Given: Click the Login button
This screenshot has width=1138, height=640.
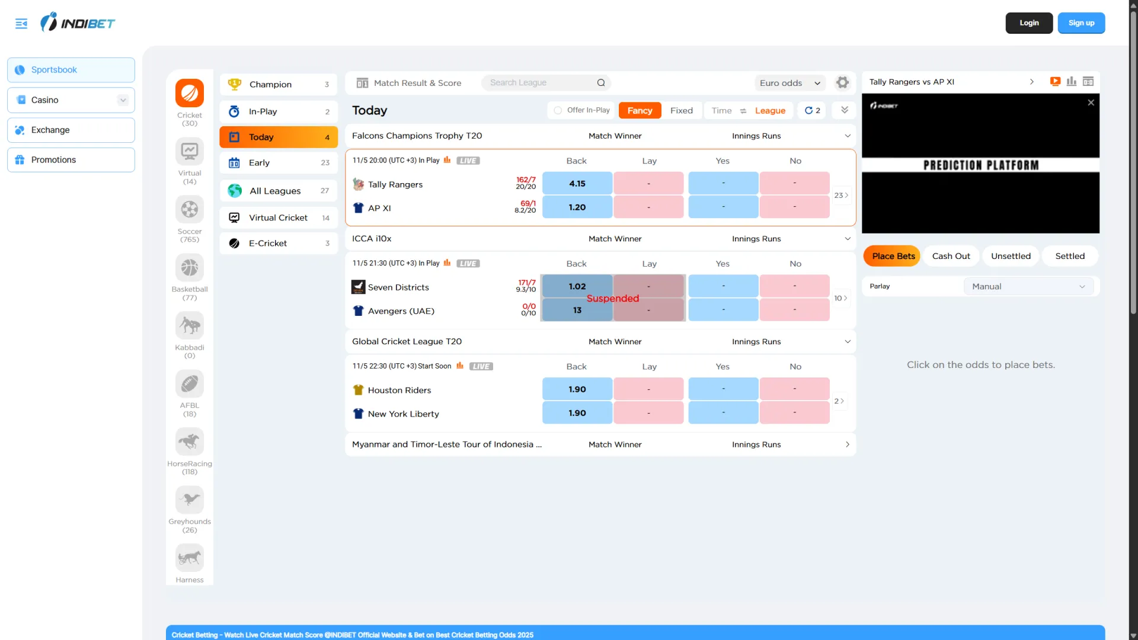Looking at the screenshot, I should (x=1029, y=23).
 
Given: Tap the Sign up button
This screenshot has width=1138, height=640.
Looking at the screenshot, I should (x=1081, y=23).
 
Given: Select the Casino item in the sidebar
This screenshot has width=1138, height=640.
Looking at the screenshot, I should (x=71, y=100).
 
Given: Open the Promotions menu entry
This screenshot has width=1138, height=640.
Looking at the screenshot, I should (x=71, y=160).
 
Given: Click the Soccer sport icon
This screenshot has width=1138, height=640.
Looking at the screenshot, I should (x=190, y=209).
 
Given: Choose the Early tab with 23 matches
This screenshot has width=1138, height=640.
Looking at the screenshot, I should (x=278, y=163).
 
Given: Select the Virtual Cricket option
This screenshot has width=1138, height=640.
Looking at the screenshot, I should (x=278, y=218).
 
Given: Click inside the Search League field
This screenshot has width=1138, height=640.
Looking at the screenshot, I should (x=539, y=83).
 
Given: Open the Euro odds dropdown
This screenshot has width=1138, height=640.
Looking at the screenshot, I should (x=789, y=83).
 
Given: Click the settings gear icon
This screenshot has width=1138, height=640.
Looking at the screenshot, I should (x=842, y=83).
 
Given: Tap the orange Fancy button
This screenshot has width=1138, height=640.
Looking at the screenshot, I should (x=640, y=111).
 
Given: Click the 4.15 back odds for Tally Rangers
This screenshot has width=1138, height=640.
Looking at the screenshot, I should (x=577, y=184).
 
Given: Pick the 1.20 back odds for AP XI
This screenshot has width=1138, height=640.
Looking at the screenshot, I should (x=577, y=207).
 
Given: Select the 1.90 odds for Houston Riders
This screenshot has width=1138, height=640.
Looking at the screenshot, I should (x=577, y=389).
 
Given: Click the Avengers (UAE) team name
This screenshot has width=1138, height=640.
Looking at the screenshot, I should (x=401, y=311).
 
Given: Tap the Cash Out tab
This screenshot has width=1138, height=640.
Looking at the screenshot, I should (x=951, y=256).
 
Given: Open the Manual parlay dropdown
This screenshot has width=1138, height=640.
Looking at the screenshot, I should (x=1028, y=287).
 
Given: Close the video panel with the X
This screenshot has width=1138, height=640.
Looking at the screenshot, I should (x=1091, y=103).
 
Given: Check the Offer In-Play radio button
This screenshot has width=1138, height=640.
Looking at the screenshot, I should (x=558, y=111).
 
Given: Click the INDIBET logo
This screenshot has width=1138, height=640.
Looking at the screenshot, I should (x=78, y=23).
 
